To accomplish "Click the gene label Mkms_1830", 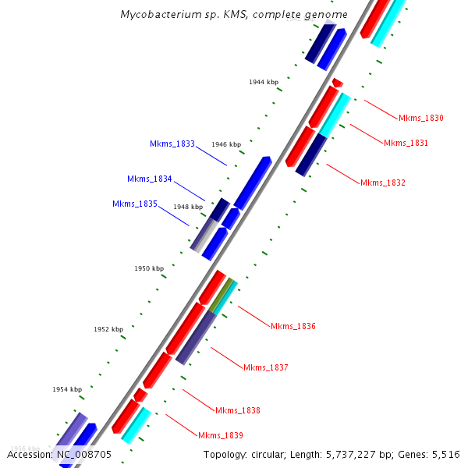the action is [420, 119].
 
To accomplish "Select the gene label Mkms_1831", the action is [406, 143].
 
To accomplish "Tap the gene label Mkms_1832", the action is [383, 183].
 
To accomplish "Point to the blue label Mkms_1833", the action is [172, 144].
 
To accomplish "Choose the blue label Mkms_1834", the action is [150, 179].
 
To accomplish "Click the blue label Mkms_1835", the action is [135, 204].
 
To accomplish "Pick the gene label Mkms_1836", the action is [293, 326].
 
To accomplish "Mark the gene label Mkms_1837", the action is [266, 367].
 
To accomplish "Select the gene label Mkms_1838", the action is [238, 410].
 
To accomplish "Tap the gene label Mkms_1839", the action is [221, 435].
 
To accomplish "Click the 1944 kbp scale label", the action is [264, 82].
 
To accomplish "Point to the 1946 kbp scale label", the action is [226, 144].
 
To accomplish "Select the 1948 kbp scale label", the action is [188, 207].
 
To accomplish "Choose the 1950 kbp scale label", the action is [149, 268].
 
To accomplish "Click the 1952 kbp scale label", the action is [108, 329].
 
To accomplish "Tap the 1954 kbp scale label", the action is [67, 389].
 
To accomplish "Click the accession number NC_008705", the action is [83, 454].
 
